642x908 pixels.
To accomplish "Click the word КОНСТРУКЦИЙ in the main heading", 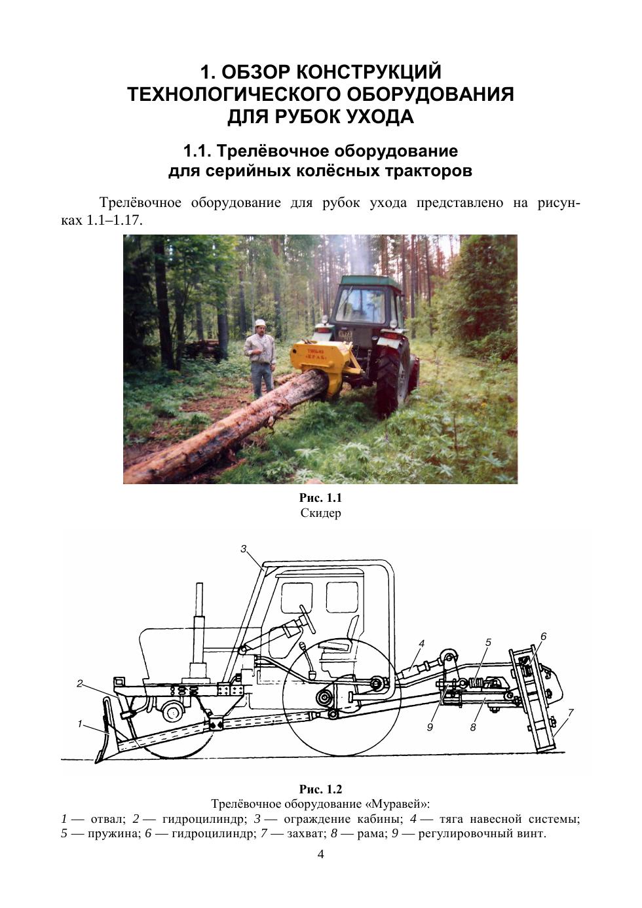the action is pyautogui.click(x=369, y=72).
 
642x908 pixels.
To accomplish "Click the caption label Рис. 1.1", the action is pyautogui.click(x=320, y=498).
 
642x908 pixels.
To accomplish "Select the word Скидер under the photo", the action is pyautogui.click(x=320, y=513).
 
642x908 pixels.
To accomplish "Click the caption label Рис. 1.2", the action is pyautogui.click(x=320, y=789).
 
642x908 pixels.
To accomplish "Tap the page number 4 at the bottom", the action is pyautogui.click(x=320, y=854).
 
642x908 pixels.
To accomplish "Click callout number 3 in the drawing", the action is pyautogui.click(x=243, y=549).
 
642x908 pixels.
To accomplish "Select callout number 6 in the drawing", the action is pyautogui.click(x=543, y=636).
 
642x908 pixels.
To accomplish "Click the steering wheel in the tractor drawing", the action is pyautogui.click(x=308, y=619).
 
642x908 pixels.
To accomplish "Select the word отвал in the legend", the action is pyautogui.click(x=106, y=819).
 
